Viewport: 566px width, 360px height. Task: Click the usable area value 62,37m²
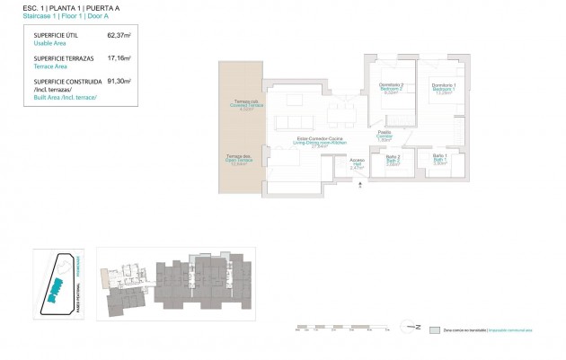tap(119, 36)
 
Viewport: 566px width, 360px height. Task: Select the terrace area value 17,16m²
tap(119, 58)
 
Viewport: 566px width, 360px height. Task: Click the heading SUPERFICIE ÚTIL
tap(52, 36)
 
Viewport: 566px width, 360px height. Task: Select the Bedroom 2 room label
tap(391, 88)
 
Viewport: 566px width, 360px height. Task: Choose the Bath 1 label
tap(440, 159)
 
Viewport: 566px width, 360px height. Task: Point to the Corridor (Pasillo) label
tap(385, 136)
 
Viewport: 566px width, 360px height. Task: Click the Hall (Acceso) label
tap(357, 164)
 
